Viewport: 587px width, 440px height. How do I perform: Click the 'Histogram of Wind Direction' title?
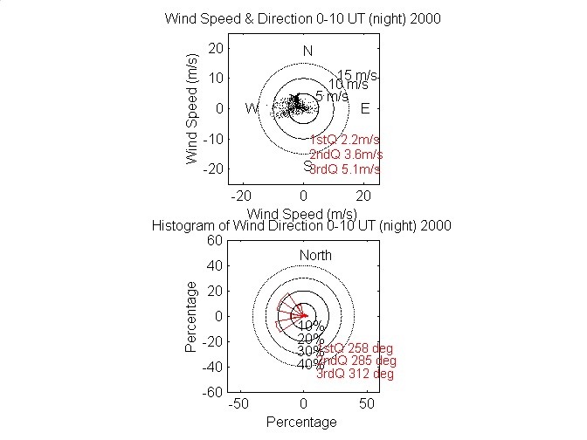(302, 224)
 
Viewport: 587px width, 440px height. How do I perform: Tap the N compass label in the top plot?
(307, 52)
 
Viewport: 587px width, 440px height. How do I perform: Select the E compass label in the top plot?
(365, 108)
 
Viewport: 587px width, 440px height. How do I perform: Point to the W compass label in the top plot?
(252, 108)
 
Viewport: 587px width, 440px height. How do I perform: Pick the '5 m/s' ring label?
(332, 96)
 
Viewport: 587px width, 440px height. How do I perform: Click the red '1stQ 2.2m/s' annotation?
(345, 140)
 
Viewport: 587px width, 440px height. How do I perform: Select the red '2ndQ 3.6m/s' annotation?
(346, 155)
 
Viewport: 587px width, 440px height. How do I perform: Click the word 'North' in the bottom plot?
(315, 255)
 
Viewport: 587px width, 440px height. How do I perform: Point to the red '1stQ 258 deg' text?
(355, 348)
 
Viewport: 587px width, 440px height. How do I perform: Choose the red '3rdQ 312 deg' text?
(355, 374)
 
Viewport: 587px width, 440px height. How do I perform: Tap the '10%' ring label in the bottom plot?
(311, 326)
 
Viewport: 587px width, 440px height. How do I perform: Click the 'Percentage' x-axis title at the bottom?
(301, 423)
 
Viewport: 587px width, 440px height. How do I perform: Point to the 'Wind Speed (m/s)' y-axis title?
(192, 108)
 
